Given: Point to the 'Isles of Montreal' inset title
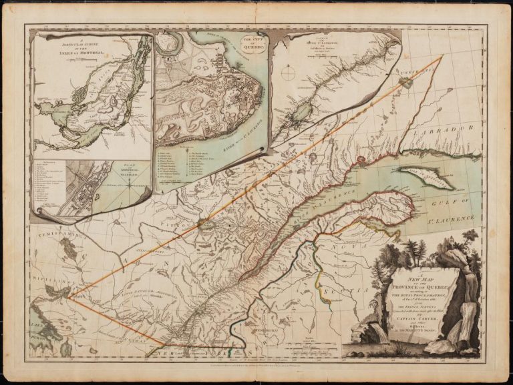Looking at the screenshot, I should tap(69, 45).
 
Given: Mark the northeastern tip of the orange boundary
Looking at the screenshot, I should tap(442, 56).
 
